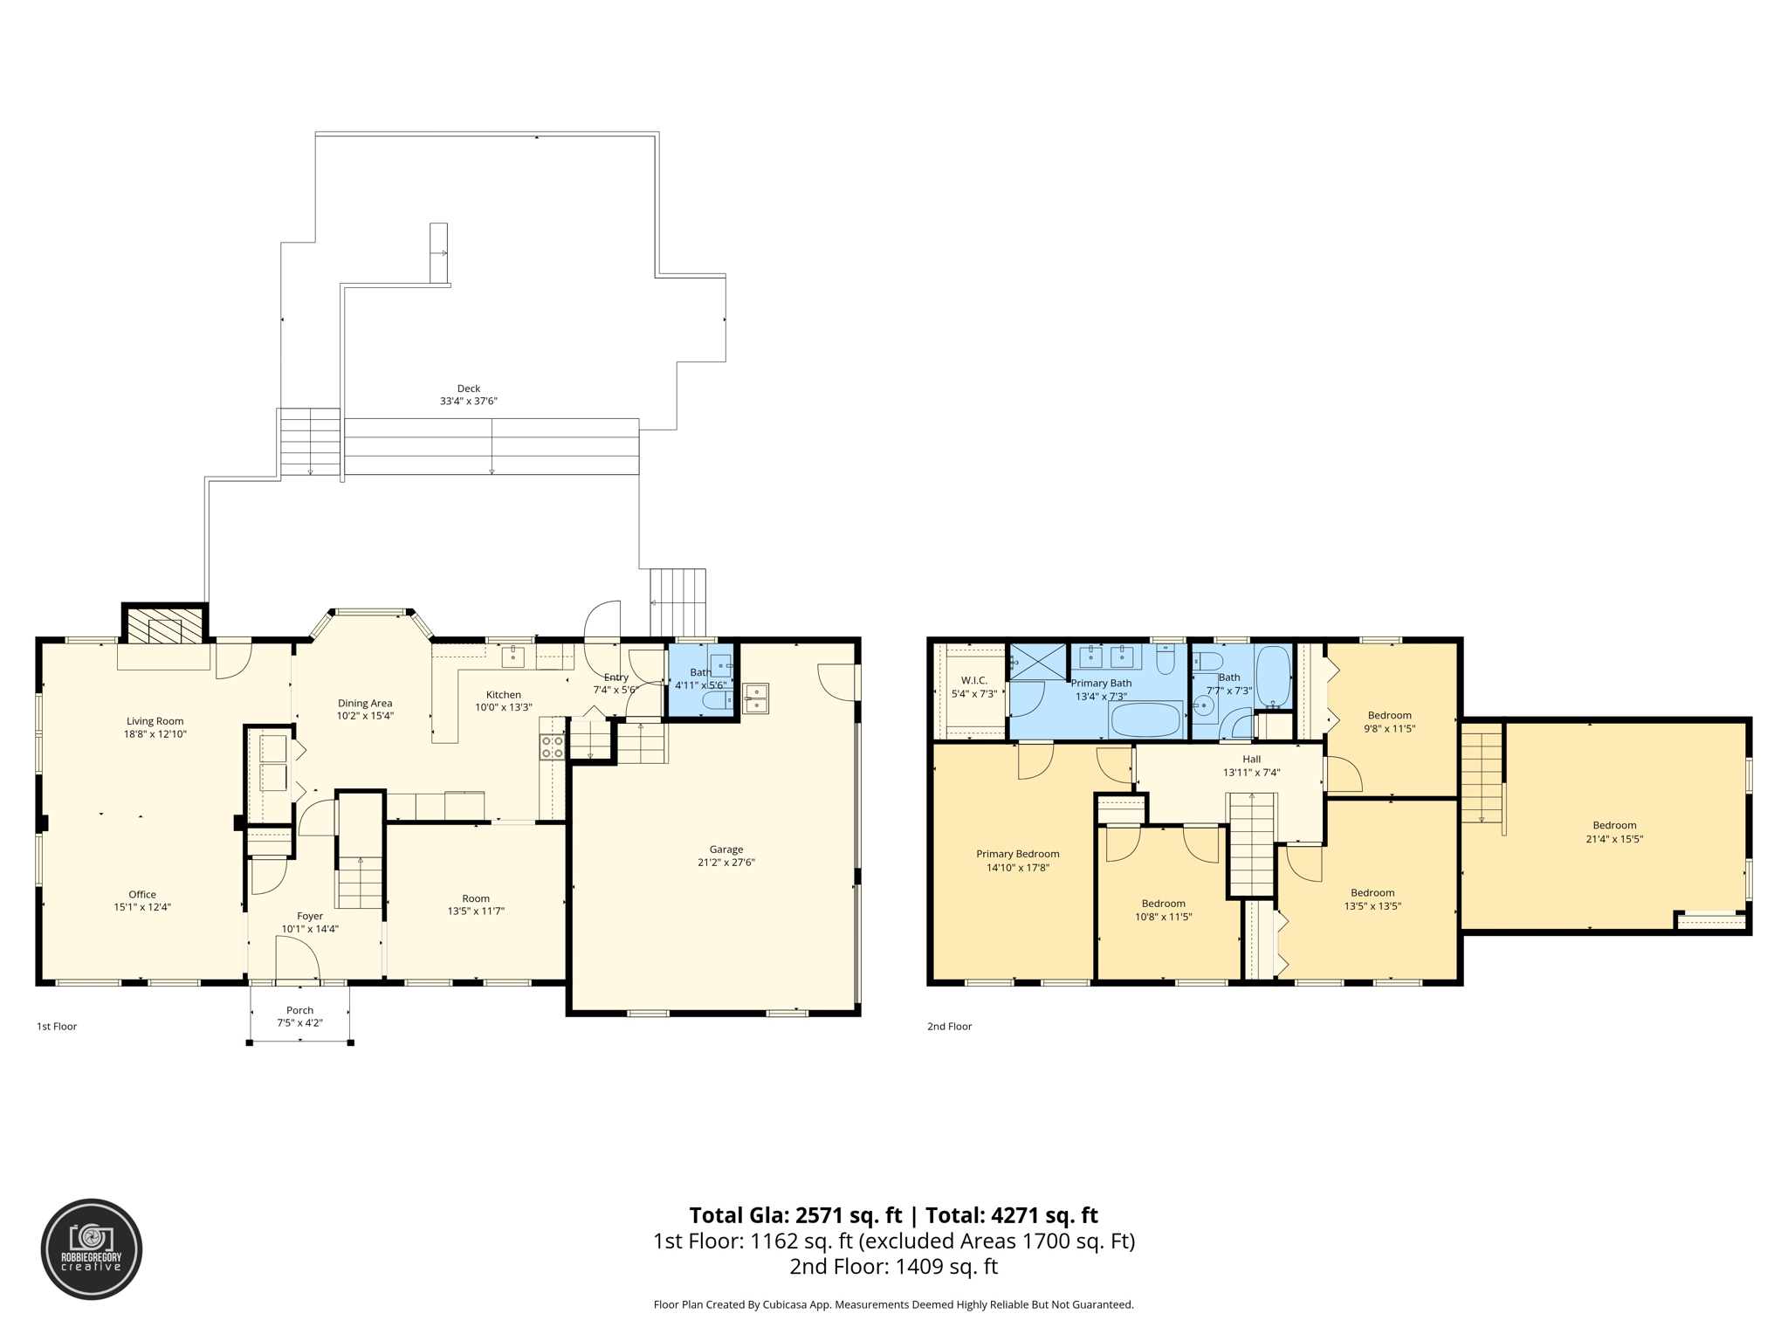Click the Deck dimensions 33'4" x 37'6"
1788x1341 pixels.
(469, 402)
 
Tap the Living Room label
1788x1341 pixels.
(155, 721)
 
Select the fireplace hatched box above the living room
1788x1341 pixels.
(163, 626)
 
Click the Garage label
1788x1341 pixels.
(726, 849)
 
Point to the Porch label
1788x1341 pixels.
(299, 1010)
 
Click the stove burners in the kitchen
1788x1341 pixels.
(552, 746)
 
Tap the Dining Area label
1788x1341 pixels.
(365, 703)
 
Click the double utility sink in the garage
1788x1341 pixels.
(755, 698)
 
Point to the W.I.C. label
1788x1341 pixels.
(973, 680)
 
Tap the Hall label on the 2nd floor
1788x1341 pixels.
(1251, 759)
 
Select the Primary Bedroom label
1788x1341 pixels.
(1017, 854)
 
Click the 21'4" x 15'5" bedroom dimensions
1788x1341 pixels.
(1614, 839)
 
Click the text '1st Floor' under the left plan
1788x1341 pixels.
(57, 1027)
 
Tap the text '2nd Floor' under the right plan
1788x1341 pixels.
(949, 1027)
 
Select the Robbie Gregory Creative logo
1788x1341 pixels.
(92, 1249)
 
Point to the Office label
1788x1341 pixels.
(142, 894)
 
